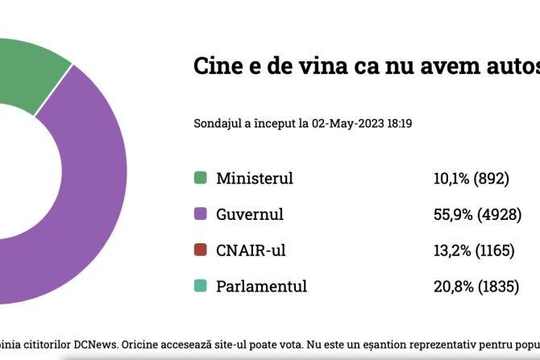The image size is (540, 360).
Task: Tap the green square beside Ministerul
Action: (x=201, y=178)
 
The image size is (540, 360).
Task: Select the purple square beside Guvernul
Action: (x=201, y=214)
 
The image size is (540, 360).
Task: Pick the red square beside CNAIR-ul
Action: (x=201, y=250)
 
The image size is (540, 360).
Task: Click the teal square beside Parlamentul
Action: (x=201, y=286)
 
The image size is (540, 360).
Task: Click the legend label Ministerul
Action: (x=254, y=178)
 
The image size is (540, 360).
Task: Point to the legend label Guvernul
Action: (x=249, y=214)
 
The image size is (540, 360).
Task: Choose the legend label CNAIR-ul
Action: (x=251, y=250)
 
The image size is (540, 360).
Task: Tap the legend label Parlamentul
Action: (x=261, y=286)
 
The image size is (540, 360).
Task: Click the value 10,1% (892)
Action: (x=471, y=178)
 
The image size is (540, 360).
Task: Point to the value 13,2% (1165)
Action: (x=474, y=250)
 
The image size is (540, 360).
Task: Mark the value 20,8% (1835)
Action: (x=476, y=286)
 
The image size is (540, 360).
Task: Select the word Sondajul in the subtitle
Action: (x=218, y=124)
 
